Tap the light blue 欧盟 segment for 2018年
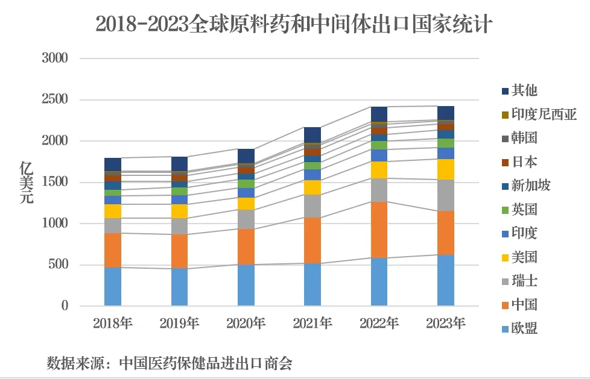[113, 286]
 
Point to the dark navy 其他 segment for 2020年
[246, 155]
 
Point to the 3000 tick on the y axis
[55, 58]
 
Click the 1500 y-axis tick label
[55, 182]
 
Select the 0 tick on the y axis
[65, 306]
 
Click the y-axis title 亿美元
[27, 183]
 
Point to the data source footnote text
[170, 363]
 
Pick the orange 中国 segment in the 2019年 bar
[179, 251]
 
